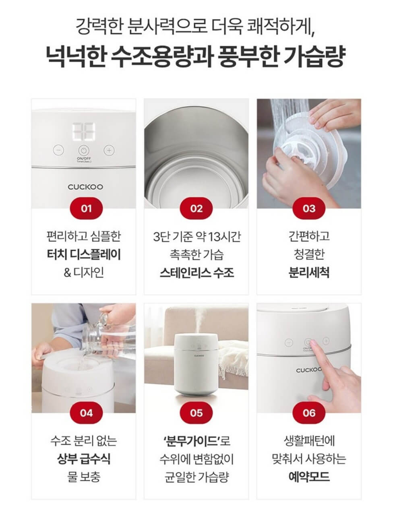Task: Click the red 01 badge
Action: pyautogui.click(x=86, y=209)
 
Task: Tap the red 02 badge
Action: pyautogui.click(x=196, y=209)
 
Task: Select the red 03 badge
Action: pyautogui.click(x=309, y=209)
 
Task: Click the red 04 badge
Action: pyautogui.click(x=86, y=413)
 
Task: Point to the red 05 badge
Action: pyautogui.click(x=196, y=413)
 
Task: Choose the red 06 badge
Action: pyautogui.click(x=309, y=413)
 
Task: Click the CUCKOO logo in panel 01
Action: pyautogui.click(x=85, y=187)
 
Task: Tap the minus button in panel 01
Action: pyautogui.click(x=59, y=150)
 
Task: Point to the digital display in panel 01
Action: pyautogui.click(x=84, y=131)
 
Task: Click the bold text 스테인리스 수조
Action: pyautogui.click(x=196, y=273)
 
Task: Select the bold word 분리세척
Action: pyautogui.click(x=309, y=273)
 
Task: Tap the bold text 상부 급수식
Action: pyautogui.click(x=84, y=458)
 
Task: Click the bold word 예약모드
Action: pyautogui.click(x=309, y=477)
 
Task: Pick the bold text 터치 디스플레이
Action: pyautogui.click(x=84, y=254)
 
